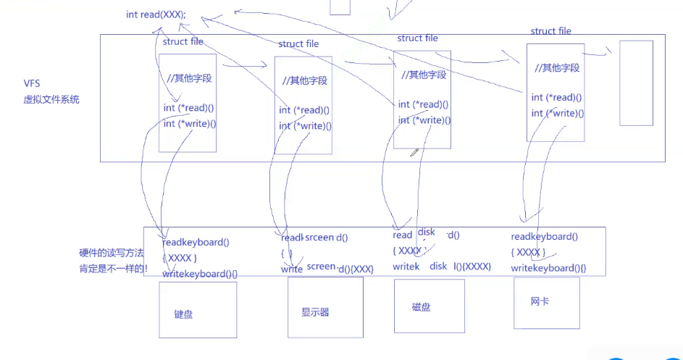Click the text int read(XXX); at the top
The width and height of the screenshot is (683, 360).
pyautogui.click(x=155, y=15)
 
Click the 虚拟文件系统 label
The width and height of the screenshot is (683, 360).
pyautogui.click(x=51, y=100)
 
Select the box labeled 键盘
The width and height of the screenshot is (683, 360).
pyautogui.click(x=198, y=310)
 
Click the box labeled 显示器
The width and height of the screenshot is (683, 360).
pyautogui.click(x=325, y=308)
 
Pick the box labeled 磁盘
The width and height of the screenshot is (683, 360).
pyautogui.click(x=429, y=305)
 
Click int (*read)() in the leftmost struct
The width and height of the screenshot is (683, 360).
pyautogui.click(x=189, y=109)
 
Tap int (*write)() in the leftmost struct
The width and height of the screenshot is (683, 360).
pyautogui.click(x=190, y=124)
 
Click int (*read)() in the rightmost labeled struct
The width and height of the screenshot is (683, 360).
pyautogui.click(x=557, y=98)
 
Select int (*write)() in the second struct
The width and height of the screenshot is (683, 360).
pyautogui.click(x=305, y=126)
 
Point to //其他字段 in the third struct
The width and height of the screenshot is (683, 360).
pyautogui.click(x=424, y=75)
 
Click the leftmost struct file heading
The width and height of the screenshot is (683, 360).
pyautogui.click(x=183, y=41)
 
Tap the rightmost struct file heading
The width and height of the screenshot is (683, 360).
pyautogui.click(x=550, y=31)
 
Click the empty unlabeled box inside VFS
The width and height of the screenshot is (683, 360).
pyautogui.click(x=636, y=83)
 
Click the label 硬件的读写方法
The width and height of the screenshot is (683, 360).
pyautogui.click(x=112, y=254)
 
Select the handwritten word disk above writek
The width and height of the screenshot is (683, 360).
pyautogui.click(x=438, y=266)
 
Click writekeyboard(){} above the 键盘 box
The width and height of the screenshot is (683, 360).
pyautogui.click(x=200, y=274)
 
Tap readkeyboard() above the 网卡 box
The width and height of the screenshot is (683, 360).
pyautogui.click(x=544, y=237)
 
